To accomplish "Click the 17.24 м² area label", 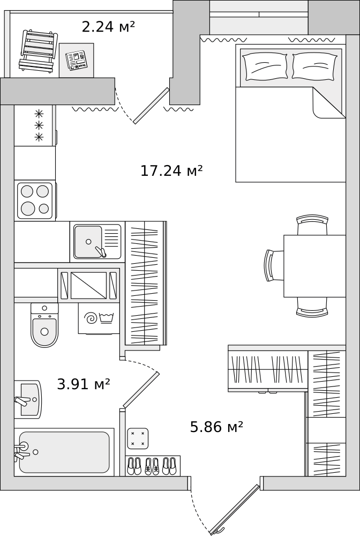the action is click(x=171, y=170).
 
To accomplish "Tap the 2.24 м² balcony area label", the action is click(x=108, y=27).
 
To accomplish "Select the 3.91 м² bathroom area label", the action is click(x=84, y=384).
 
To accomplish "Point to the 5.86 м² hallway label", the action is click(x=216, y=427).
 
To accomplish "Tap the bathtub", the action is click(x=64, y=452).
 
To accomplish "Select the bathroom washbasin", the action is click(x=29, y=399).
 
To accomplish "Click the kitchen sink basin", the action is click(x=88, y=241).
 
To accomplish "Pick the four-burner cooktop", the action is click(x=35, y=200).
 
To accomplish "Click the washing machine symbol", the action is click(x=99, y=318).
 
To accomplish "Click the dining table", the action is click(x=314, y=266).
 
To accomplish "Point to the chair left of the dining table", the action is click(x=274, y=266).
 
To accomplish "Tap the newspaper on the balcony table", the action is click(x=76, y=61).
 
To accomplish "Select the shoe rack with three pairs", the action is click(x=153, y=466).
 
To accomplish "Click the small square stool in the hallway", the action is click(x=138, y=438).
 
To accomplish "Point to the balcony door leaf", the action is click(x=151, y=106).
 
